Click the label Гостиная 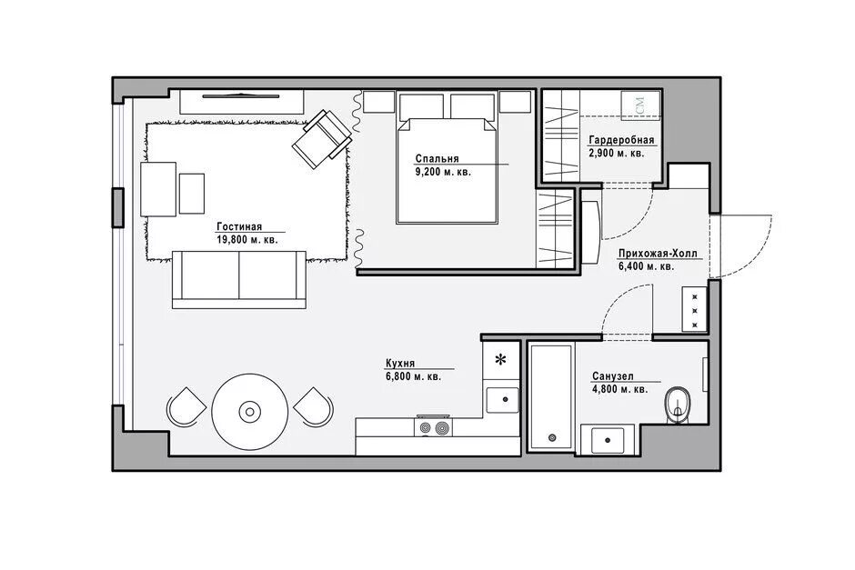click(239, 226)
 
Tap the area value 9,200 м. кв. click(443, 172)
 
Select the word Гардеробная click(621, 141)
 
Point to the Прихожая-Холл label click(657, 254)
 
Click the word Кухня click(400, 364)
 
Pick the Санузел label click(613, 376)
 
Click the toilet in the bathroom click(678, 406)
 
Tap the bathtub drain click(552, 437)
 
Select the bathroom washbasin click(608, 440)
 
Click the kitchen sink click(502, 401)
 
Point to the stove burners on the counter click(434, 428)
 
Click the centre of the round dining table click(250, 412)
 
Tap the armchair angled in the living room click(322, 139)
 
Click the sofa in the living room click(239, 280)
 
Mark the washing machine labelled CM click(640, 105)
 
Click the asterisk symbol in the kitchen click(500, 360)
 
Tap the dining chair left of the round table click(186, 407)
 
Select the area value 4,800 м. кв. click(620, 390)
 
